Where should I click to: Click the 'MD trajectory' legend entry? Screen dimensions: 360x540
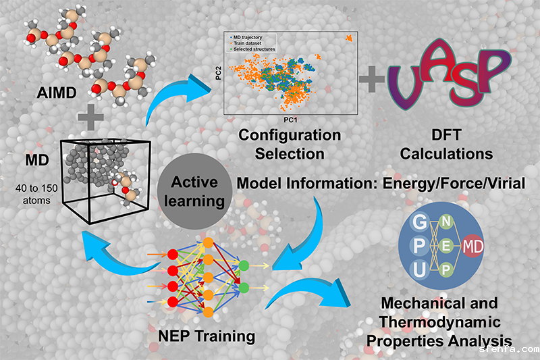[x=250, y=36]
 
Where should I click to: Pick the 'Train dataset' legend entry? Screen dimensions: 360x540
[x=249, y=43]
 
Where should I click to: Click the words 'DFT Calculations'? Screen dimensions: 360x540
[x=446, y=145]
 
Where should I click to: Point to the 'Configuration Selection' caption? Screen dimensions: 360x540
[x=290, y=144]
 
